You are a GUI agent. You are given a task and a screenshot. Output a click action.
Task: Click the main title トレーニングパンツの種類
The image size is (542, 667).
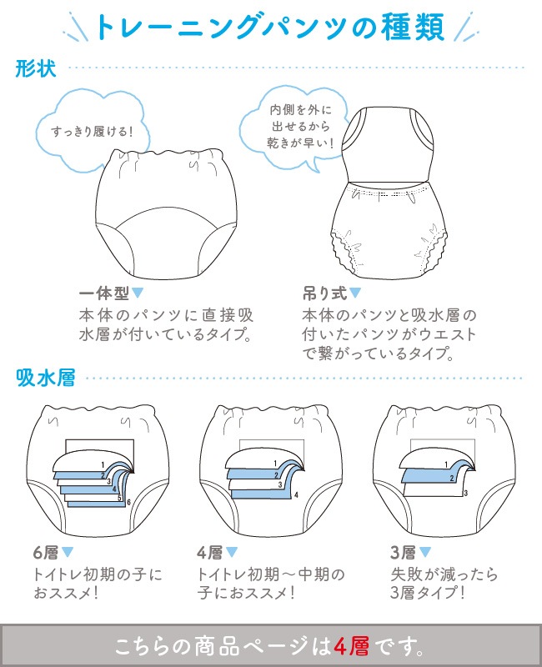[x=270, y=28]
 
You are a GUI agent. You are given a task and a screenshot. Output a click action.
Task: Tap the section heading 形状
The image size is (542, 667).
[x=36, y=68]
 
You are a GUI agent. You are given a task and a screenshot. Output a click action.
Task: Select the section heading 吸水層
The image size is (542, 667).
[x=46, y=378]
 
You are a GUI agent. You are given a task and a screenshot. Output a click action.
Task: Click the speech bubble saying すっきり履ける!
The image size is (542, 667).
[x=92, y=132]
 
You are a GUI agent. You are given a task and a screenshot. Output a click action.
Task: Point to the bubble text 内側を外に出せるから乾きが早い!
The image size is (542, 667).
[x=300, y=127]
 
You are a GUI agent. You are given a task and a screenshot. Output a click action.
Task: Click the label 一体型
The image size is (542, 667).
[x=104, y=293]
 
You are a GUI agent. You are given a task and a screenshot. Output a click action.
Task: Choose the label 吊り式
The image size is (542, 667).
[x=325, y=293]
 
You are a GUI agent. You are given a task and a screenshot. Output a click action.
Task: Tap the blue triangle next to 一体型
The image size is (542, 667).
[x=138, y=293]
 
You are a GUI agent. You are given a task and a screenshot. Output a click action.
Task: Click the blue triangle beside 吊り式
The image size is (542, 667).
[x=355, y=293]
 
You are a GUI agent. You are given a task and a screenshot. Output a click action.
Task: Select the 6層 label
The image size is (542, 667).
[x=46, y=553]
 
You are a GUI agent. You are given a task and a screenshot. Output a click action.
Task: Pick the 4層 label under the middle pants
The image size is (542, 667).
[x=210, y=553]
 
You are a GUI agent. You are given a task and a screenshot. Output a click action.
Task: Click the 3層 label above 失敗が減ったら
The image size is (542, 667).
[x=403, y=553]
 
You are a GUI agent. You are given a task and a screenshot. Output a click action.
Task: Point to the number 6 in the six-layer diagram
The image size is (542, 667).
[x=128, y=503]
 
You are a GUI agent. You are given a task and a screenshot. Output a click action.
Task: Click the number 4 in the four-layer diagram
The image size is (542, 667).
[x=296, y=494]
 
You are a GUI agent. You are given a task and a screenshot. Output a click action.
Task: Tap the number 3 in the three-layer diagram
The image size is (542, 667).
[x=466, y=493]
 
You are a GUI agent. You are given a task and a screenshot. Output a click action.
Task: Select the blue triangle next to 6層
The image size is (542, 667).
[x=68, y=552]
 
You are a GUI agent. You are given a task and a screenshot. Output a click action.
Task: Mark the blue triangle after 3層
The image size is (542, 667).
[x=425, y=552]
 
